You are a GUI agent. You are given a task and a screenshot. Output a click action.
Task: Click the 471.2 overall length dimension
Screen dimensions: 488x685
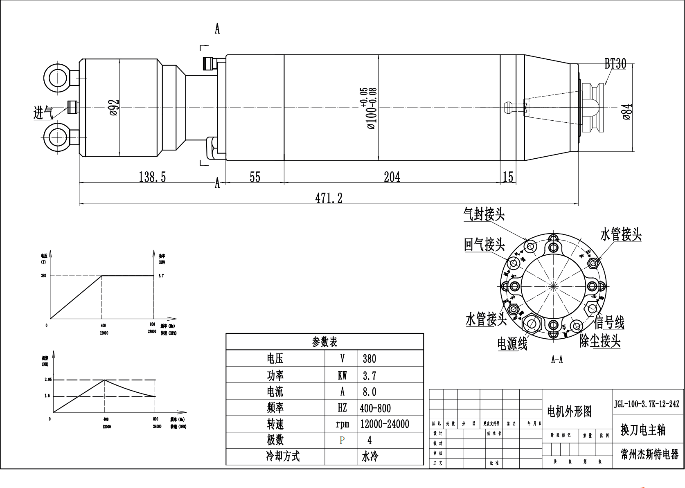(x=329, y=198)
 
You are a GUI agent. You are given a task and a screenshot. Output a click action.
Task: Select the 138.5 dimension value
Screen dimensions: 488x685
(x=152, y=177)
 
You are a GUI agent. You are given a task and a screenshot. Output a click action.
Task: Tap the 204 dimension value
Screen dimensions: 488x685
(x=392, y=177)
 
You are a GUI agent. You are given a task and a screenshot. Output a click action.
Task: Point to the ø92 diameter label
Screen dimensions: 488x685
(x=114, y=108)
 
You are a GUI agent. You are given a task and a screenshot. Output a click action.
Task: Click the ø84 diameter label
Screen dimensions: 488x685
(x=627, y=112)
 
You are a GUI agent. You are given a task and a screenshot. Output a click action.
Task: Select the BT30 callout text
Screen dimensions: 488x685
(x=615, y=64)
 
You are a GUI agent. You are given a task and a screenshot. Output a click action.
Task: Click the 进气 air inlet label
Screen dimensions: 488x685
(x=43, y=112)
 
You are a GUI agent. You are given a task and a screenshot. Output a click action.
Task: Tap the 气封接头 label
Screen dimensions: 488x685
(x=484, y=214)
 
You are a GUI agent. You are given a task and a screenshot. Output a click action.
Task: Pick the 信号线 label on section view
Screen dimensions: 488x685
(x=609, y=322)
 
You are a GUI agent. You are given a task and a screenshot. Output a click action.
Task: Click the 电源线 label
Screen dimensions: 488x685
(x=512, y=344)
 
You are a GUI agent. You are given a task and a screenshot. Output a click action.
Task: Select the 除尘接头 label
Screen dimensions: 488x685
(x=600, y=341)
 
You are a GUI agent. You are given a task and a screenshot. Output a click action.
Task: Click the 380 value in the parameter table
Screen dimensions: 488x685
(x=369, y=359)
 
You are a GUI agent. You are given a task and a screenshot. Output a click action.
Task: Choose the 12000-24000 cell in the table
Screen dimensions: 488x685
(x=384, y=424)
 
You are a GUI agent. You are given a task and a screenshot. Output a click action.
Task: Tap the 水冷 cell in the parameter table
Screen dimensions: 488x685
(x=370, y=457)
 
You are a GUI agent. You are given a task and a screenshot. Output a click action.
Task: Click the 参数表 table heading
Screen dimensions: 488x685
(x=324, y=342)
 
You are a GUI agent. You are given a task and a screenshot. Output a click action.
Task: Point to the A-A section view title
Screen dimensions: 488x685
(x=557, y=360)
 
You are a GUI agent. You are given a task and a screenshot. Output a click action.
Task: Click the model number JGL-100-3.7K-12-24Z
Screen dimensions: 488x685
(x=647, y=404)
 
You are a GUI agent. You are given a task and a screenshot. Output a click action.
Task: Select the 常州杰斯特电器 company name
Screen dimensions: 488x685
(x=649, y=454)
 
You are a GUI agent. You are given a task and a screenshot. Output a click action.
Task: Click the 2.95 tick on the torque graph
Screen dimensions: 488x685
(x=48, y=380)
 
